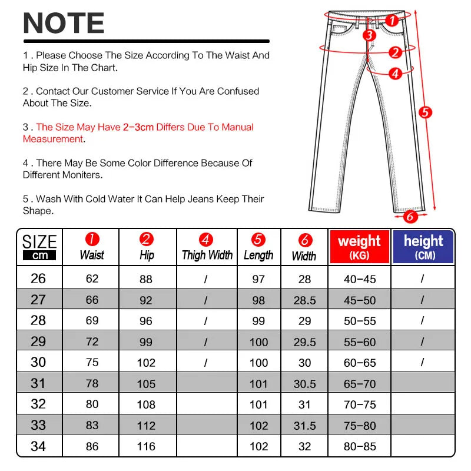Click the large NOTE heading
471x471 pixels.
pyautogui.click(x=64, y=24)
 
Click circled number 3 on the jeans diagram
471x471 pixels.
pyautogui.click(x=369, y=35)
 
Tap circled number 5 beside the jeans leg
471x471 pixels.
pyautogui.click(x=426, y=112)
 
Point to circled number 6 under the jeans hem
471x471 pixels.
pyautogui.click(x=409, y=216)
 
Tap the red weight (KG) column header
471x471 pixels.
pyautogui.click(x=359, y=247)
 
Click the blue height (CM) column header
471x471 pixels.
pyautogui.click(x=423, y=247)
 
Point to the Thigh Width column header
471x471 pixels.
pyautogui.click(x=207, y=247)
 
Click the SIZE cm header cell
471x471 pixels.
pyautogui.click(x=39, y=247)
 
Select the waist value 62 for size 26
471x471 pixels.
pyautogui.click(x=92, y=278)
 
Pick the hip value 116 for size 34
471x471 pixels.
pyautogui.click(x=147, y=446)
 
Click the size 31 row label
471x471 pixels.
pyautogui.click(x=38, y=383)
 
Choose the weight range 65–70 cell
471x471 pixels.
pyautogui.click(x=360, y=384)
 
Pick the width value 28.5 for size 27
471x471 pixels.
pyautogui.click(x=304, y=300)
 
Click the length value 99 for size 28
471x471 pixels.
pyautogui.click(x=258, y=321)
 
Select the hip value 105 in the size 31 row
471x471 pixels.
pyautogui.click(x=147, y=384)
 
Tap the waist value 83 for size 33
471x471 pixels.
pyautogui.click(x=92, y=425)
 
